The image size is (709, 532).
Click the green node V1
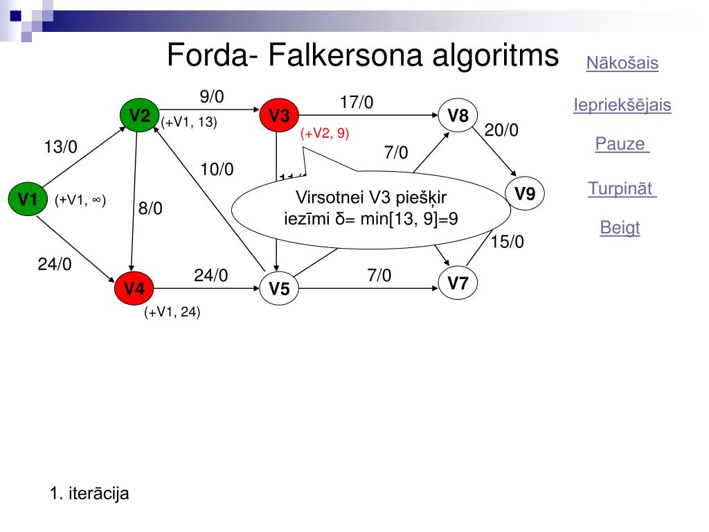27,200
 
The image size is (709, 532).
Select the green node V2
140,115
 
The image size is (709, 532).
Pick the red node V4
134,288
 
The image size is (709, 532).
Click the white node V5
279,289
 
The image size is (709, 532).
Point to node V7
458,283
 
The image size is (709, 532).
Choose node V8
458,116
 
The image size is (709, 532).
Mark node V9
525,194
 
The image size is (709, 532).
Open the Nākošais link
622,63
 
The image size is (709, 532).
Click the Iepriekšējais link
622,105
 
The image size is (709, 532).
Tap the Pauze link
622,145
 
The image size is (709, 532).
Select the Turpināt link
622,188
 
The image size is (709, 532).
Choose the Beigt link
620,228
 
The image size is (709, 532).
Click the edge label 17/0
357,103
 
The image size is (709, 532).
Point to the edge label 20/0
501,130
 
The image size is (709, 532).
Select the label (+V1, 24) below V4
172,312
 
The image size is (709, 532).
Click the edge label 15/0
508,241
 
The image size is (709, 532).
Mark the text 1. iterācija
89,494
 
